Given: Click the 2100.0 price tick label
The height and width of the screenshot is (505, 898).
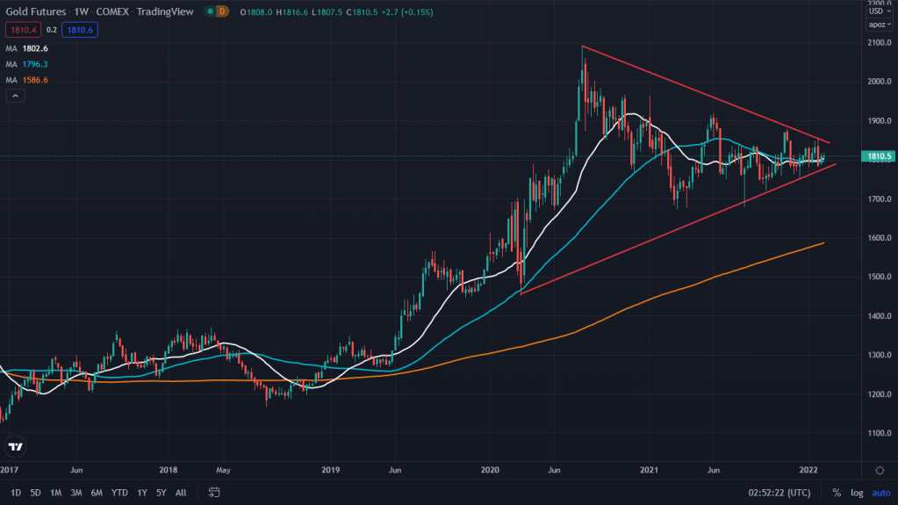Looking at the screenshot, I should (x=879, y=43).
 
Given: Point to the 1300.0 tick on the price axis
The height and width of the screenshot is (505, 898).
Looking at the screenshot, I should (x=879, y=355).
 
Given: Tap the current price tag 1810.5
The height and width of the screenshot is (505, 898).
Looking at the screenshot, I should (x=879, y=156).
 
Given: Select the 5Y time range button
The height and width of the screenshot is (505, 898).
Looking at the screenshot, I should (x=161, y=493).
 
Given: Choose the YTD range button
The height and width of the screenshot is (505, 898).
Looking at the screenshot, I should (x=121, y=493).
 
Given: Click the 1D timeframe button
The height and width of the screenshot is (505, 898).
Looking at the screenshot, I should (x=16, y=493).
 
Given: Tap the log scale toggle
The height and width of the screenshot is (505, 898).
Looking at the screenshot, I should (x=857, y=493).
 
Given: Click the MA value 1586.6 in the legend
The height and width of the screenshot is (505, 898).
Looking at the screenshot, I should (x=35, y=80).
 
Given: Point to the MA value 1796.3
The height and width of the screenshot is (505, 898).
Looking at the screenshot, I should (x=35, y=64).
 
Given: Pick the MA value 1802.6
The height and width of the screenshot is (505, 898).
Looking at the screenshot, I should (x=35, y=48).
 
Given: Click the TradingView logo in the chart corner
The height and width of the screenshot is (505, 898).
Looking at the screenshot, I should (x=15, y=447).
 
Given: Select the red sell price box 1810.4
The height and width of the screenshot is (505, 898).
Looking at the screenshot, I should (x=19, y=30).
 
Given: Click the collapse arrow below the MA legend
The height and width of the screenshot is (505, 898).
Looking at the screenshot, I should (x=15, y=96).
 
